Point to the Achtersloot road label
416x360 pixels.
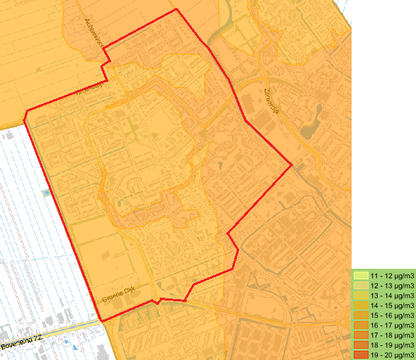(94, 33)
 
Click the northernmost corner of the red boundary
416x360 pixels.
(175, 9)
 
